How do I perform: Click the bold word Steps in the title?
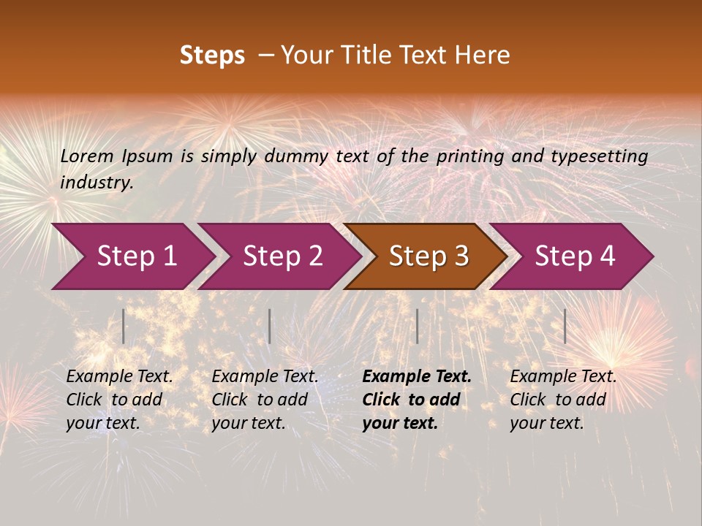click(x=212, y=56)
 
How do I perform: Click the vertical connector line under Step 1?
click(x=124, y=326)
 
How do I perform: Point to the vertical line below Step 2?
click(x=270, y=326)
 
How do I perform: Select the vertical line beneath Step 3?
click(x=417, y=326)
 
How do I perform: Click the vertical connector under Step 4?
click(x=565, y=326)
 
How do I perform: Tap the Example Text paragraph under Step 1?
click(x=119, y=400)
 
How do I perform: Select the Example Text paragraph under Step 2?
click(x=265, y=400)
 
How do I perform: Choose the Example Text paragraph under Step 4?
click(x=563, y=400)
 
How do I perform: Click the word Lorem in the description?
click(x=87, y=156)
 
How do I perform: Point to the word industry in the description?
click(x=97, y=182)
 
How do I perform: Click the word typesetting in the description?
click(x=599, y=156)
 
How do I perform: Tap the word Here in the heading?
click(x=482, y=56)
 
